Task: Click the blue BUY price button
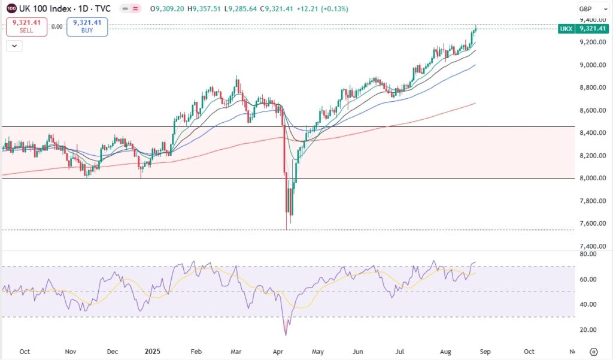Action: [x=87, y=26]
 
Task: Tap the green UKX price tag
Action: [x=583, y=29]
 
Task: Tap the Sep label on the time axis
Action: [x=485, y=352]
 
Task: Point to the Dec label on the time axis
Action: [x=112, y=352]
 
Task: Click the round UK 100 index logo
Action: [x=11, y=9]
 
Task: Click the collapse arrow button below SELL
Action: [x=14, y=45]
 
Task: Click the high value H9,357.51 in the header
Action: [x=204, y=9]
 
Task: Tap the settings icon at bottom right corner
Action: [x=594, y=352]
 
